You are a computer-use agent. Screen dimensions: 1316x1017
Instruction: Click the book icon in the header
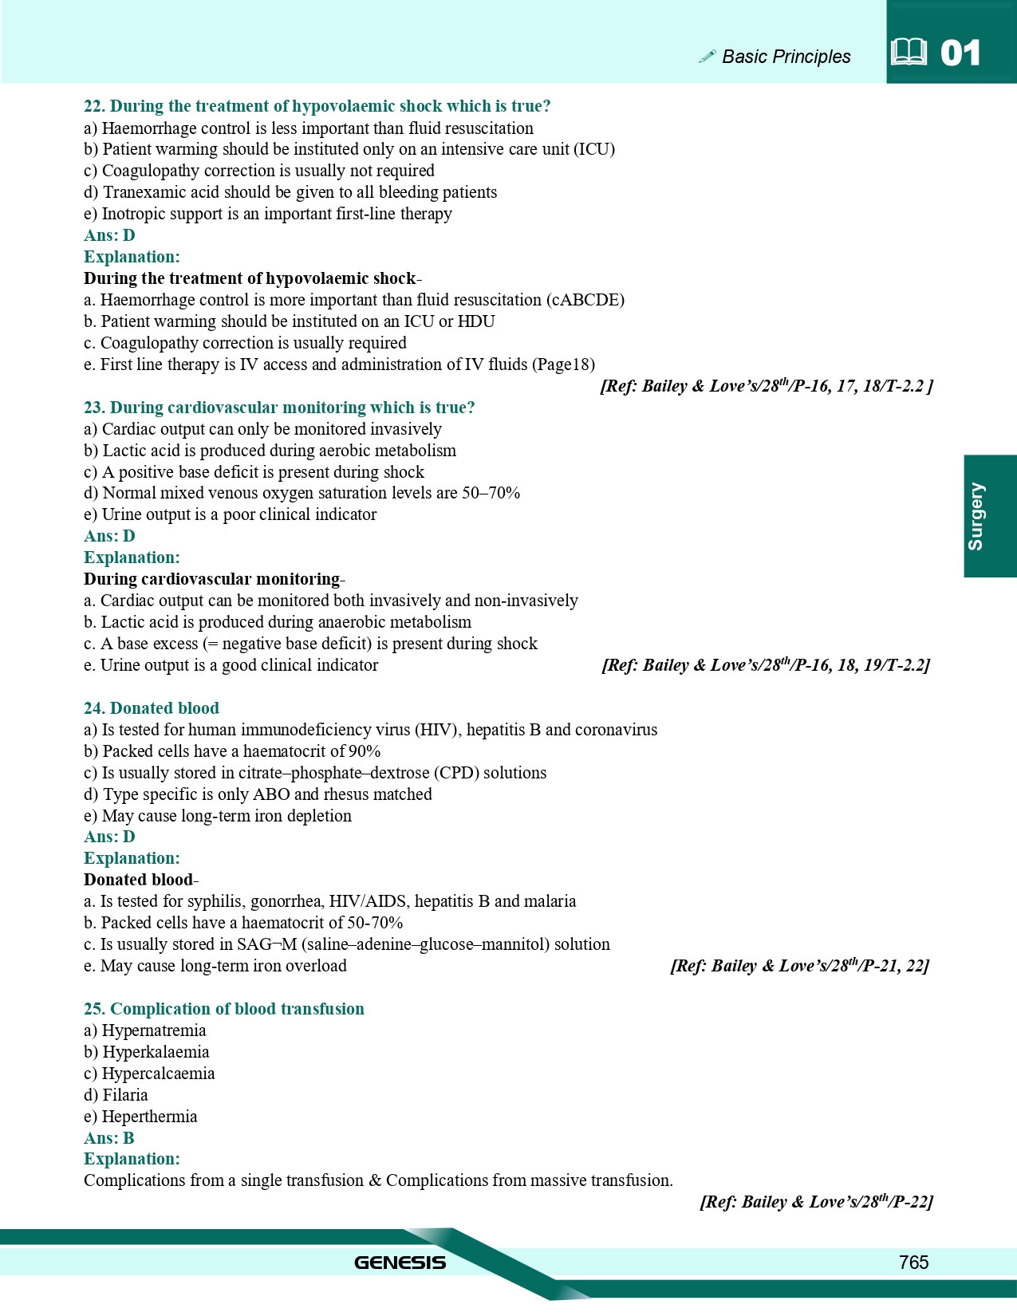(x=909, y=53)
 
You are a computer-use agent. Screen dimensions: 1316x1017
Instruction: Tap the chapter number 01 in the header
(x=960, y=53)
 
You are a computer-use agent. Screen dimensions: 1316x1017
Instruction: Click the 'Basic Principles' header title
(x=786, y=57)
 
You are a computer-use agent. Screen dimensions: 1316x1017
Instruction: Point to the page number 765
(x=913, y=1262)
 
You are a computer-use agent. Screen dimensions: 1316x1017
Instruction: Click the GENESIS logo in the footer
(x=400, y=1263)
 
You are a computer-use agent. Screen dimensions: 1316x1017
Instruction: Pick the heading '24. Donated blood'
(x=152, y=708)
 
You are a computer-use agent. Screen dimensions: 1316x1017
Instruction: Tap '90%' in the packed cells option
(x=364, y=751)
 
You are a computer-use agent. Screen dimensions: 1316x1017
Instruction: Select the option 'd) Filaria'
(x=116, y=1095)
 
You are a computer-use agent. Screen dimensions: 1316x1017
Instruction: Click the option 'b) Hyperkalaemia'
(x=147, y=1052)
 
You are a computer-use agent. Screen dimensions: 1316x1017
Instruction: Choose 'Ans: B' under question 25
(x=109, y=1138)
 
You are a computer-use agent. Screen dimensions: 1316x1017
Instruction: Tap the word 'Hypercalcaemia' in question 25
(x=158, y=1074)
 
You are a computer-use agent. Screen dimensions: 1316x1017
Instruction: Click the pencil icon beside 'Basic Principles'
(x=707, y=56)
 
